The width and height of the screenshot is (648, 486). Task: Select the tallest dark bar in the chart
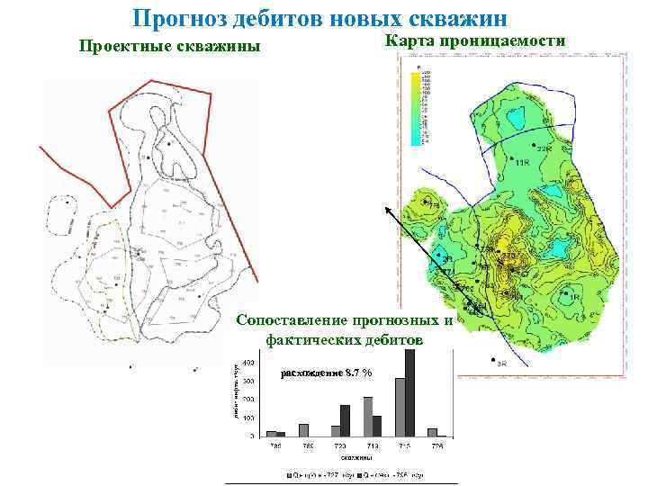pos(410,392)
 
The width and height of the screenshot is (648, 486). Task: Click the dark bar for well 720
pos(345,420)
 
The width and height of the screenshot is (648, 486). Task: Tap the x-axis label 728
pos(436,446)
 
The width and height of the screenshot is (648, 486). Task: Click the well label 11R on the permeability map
pos(523,161)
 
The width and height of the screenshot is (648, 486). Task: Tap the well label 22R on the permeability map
pos(544,148)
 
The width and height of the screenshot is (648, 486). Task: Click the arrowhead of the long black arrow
pos(388,210)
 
